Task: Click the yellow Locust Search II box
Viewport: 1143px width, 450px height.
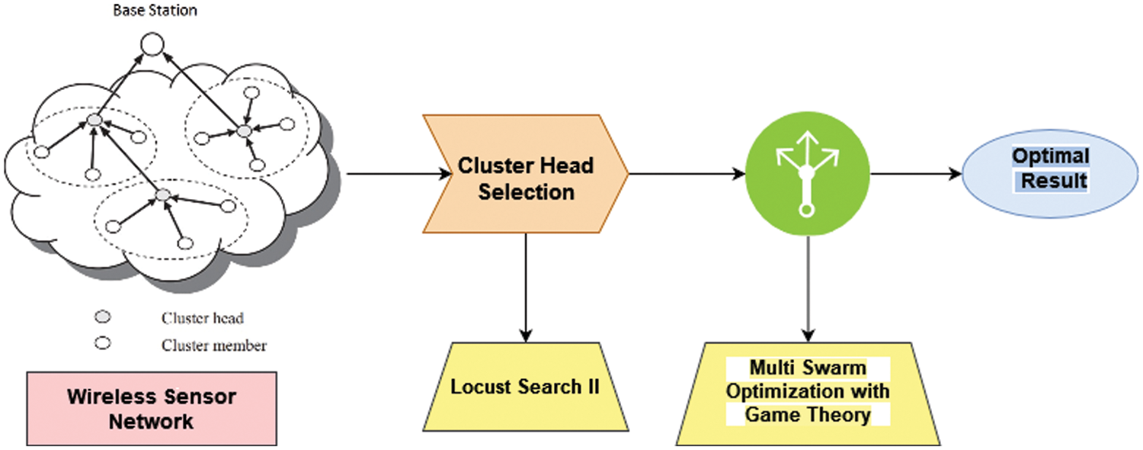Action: [x=526, y=387]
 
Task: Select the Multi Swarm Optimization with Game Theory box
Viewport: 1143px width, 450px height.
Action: [x=808, y=392]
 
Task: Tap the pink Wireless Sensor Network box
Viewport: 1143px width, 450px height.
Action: [x=151, y=408]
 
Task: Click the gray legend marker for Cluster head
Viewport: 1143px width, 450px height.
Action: [x=102, y=317]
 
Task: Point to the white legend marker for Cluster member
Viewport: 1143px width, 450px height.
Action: [x=102, y=344]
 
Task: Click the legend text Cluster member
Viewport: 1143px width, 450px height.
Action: [x=214, y=346]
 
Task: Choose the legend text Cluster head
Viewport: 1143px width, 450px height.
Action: [x=203, y=318]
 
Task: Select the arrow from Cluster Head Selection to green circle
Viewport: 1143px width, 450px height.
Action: [x=686, y=175]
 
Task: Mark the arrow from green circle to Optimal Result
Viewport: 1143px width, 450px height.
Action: [x=914, y=175]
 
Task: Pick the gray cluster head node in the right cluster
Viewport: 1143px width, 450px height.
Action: [x=243, y=131]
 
